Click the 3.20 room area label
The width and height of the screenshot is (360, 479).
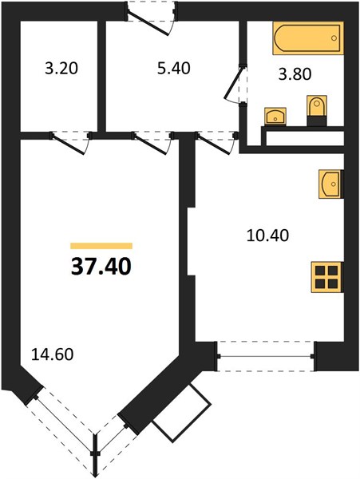coord(61,69)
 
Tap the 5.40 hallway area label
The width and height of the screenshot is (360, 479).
coord(173,68)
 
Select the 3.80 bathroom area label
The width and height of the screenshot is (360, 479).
coord(295,74)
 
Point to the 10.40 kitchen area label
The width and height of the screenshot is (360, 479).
coord(267,236)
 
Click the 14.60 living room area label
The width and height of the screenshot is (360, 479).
coord(53,354)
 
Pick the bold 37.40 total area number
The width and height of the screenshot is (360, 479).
coord(101,267)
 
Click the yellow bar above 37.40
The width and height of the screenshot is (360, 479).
coord(101,246)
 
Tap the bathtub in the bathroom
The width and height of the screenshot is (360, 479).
coord(308,38)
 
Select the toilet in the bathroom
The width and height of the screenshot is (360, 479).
coord(317,111)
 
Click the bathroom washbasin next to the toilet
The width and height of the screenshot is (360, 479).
coord(275,117)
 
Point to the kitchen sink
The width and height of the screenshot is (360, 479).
coord(330,184)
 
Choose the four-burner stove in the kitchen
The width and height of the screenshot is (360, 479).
coord(327,277)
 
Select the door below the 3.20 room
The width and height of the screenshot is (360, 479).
coord(70,143)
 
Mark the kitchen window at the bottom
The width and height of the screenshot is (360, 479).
coord(266,356)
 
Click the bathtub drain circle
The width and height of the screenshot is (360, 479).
coord(334,38)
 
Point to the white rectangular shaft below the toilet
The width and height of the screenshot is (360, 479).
coord(305,138)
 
